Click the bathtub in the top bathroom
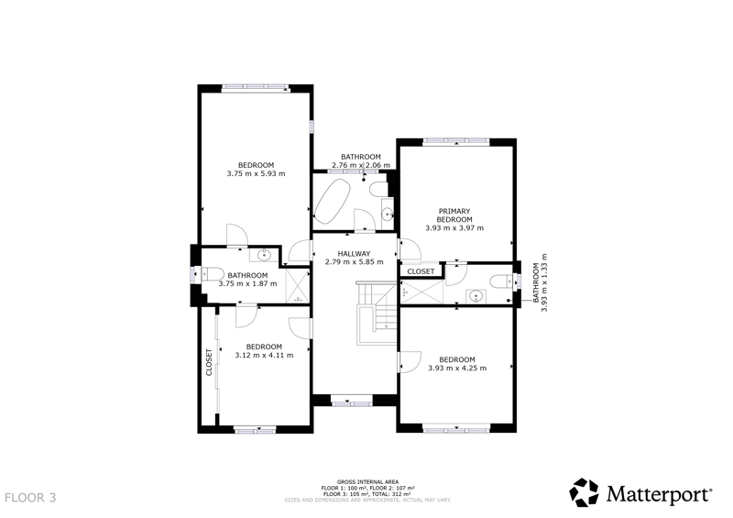333,201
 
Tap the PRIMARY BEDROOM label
454,215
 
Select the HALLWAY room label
354,254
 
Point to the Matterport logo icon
584,492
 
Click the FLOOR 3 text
30,498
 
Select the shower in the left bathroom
297,285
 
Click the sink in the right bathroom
476,296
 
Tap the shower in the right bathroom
422,292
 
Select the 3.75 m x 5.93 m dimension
256,173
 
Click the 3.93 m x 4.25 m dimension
457,369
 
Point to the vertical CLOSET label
209,362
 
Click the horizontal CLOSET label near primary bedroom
421,271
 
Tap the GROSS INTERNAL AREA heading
368,482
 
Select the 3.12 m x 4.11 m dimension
264,355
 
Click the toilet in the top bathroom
378,190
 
